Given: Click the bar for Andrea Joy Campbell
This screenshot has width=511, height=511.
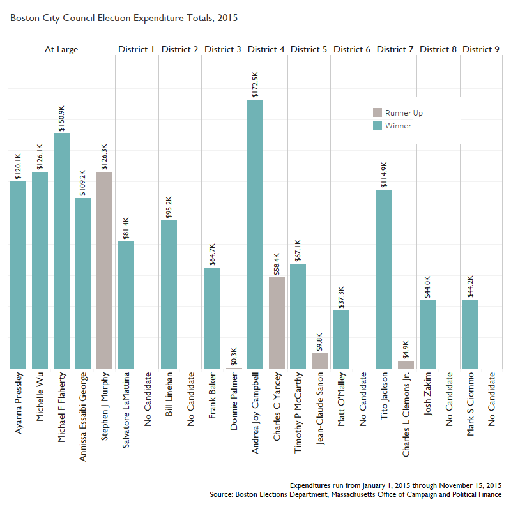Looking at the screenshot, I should tap(256, 234).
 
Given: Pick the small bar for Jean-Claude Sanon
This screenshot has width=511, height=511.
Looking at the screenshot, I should tap(319, 361).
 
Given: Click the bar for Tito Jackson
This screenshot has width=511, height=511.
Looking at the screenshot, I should tap(384, 278).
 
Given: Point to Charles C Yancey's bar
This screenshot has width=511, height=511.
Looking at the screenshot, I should tap(277, 323).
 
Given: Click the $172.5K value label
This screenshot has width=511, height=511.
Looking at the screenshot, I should tap(256, 85).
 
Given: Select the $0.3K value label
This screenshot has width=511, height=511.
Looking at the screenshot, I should tap(234, 354).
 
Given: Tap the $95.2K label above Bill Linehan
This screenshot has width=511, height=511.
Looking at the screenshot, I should tap(169, 207).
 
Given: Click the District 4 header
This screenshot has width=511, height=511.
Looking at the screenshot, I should tap(266, 49).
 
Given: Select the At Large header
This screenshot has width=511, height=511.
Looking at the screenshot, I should tap(61, 49).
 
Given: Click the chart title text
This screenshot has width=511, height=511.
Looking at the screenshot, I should tap(124, 18).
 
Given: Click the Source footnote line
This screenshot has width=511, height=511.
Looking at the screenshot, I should tap(355, 494).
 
